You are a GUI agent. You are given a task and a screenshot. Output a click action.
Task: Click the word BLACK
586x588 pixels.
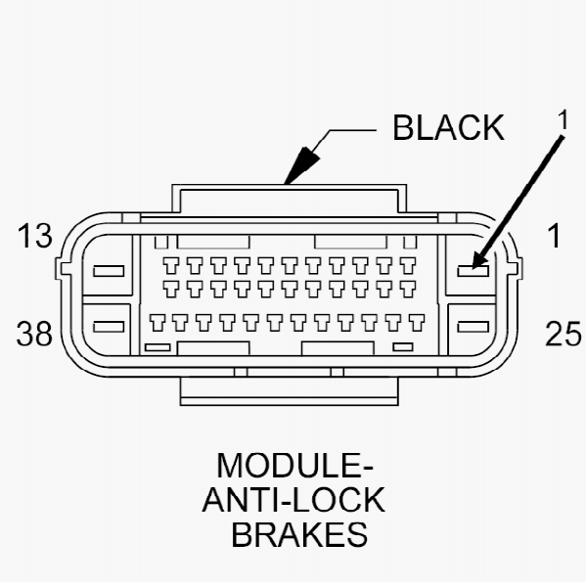pos(448,128)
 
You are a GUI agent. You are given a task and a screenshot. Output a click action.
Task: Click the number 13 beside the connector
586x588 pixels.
pos(34,236)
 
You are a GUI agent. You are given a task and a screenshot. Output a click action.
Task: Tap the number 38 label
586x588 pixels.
pos(34,334)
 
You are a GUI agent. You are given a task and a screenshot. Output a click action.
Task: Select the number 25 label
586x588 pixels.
pos(563,334)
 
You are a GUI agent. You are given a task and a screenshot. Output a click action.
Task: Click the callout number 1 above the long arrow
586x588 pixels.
pos(563,120)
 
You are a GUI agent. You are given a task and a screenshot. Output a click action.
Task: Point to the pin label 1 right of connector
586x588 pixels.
pos(554,236)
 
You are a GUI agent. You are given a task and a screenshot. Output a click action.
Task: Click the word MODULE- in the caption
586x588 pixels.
pos(294,466)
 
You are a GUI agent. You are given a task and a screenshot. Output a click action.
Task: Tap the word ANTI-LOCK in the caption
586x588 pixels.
pos(293,500)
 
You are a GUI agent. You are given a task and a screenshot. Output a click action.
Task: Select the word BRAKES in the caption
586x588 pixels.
pos(299,534)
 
